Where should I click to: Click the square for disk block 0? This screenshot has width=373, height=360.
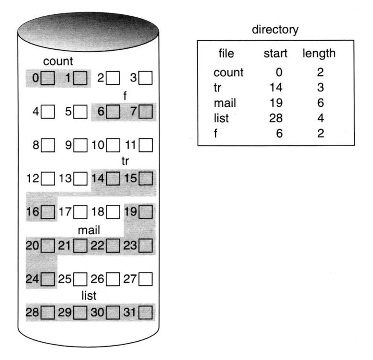[47, 77]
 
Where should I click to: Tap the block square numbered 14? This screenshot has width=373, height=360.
[113, 179]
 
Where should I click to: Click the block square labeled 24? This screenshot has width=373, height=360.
[47, 278]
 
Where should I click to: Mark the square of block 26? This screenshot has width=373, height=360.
[113, 278]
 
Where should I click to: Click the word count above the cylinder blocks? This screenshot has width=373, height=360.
[57, 62]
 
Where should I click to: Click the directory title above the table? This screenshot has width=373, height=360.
[275, 30]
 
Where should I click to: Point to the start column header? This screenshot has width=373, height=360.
[275, 54]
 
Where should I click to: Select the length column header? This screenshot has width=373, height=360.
[318, 54]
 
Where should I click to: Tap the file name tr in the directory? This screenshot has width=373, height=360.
[219, 88]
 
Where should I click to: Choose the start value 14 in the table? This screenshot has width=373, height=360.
[277, 88]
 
